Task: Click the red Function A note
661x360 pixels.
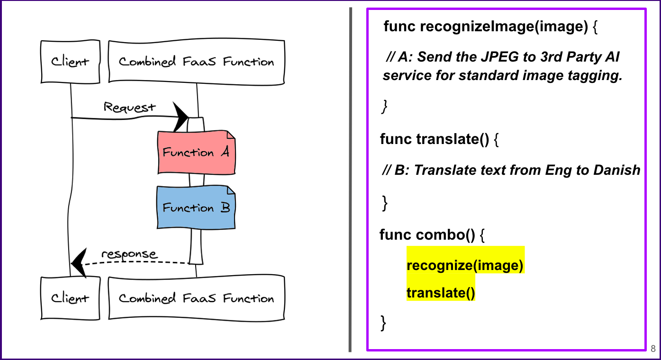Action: [196, 152]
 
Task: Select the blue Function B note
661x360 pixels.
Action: [196, 207]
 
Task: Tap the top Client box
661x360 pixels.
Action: [70, 62]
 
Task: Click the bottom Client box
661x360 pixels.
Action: [70, 298]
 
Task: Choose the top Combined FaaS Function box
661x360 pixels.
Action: [196, 62]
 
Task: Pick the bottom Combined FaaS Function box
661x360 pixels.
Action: [196, 298]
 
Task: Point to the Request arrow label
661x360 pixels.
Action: [129, 107]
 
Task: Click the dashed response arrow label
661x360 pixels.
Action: [129, 254]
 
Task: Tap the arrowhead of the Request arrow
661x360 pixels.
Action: [181, 117]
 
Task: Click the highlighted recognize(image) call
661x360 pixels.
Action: [465, 266]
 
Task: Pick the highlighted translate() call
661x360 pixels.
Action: [441, 293]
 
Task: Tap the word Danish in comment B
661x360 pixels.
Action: [616, 170]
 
